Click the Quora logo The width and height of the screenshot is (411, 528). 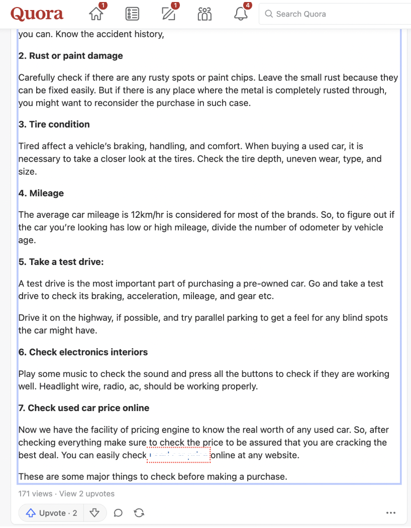click(37, 14)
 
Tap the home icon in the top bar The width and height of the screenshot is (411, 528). click(96, 14)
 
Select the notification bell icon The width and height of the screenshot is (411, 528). click(241, 14)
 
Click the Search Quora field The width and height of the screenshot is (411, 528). click(334, 14)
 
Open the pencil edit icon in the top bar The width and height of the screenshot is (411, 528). click(169, 14)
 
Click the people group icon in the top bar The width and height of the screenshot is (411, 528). click(204, 14)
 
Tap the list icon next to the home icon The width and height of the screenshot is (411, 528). click(132, 14)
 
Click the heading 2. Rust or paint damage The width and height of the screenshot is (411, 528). click(71, 56)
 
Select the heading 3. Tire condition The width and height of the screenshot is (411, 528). click(54, 124)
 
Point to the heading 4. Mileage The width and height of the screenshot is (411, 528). click(41, 193)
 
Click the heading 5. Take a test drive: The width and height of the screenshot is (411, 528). click(61, 262)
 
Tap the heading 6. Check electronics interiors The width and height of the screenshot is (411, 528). click(83, 352)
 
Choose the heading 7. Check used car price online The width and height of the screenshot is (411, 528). click(84, 408)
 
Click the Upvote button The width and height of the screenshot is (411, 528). click(52, 513)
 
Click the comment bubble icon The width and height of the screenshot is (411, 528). click(118, 513)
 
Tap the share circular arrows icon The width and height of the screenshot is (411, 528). click(139, 513)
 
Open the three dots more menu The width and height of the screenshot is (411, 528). click(391, 513)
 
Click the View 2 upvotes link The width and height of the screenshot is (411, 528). click(87, 494)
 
